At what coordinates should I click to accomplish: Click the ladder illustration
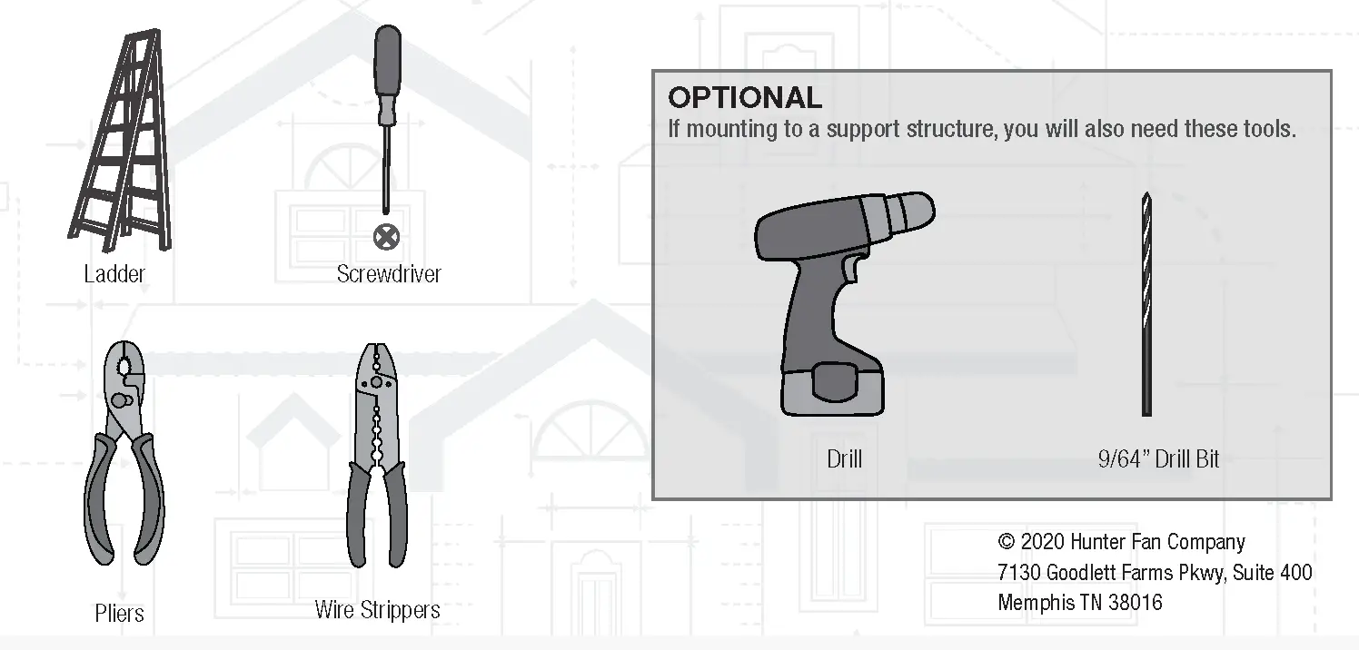point(122,140)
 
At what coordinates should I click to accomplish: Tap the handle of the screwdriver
point(387,74)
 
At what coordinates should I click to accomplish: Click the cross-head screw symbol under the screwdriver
point(386,237)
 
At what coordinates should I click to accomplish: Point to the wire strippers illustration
point(377,455)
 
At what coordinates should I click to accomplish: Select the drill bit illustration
point(1146,304)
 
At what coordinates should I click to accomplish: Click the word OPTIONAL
point(745,98)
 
